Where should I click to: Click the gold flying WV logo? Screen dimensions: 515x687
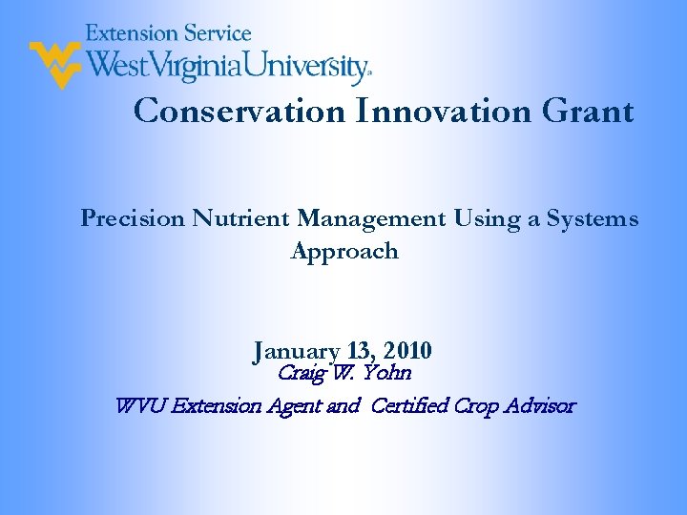point(54,63)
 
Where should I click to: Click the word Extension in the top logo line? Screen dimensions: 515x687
point(127,33)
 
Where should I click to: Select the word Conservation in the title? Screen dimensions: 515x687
point(239,112)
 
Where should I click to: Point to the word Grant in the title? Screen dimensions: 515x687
point(587,112)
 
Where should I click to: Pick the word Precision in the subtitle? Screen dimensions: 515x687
point(133,219)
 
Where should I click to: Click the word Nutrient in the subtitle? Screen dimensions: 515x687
point(241,219)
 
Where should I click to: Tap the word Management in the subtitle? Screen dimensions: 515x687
point(371,219)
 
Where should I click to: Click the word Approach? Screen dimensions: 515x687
point(343,252)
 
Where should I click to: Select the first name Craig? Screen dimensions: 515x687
point(299,373)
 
